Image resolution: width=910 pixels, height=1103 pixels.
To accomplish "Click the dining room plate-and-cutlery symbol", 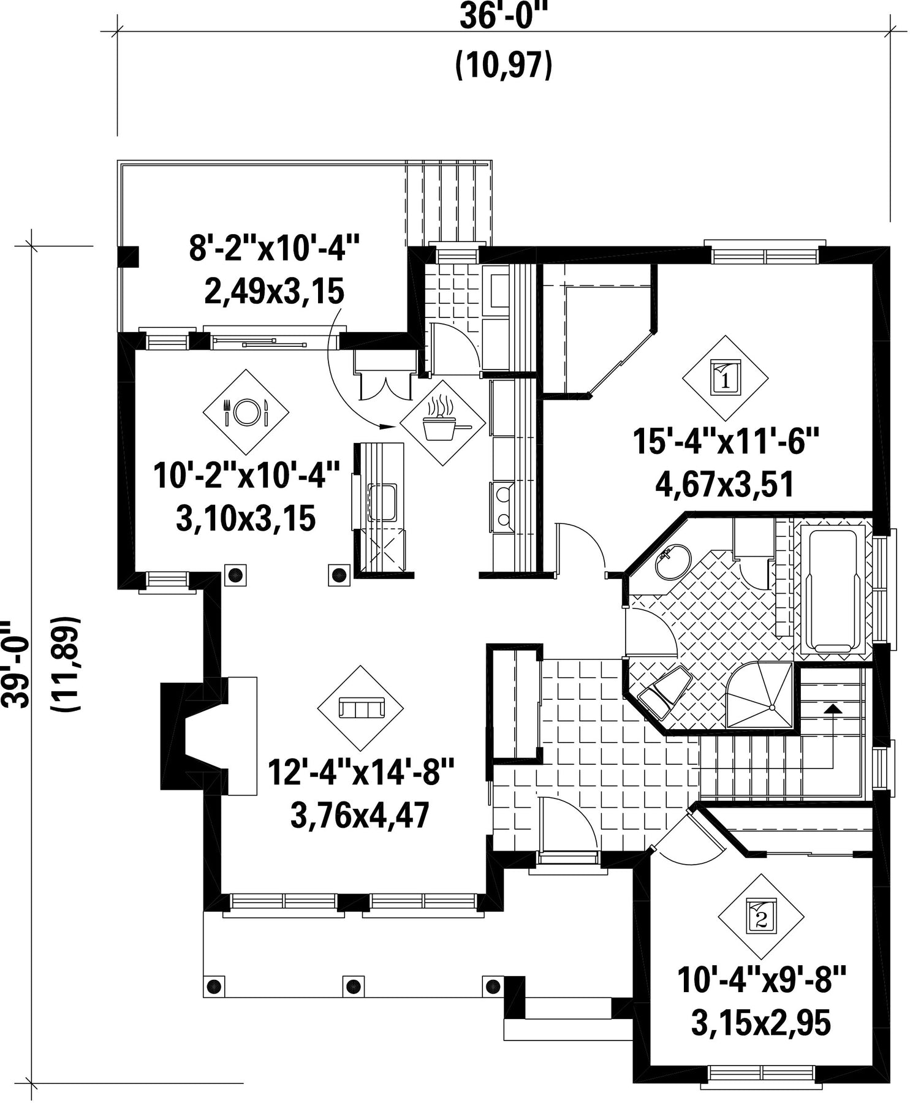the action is pos(246,412).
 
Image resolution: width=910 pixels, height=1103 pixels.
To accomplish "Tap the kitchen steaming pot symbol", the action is pos(442,423).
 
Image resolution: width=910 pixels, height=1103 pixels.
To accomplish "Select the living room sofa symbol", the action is pos(360,708).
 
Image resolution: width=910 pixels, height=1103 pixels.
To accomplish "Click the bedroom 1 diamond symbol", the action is pos(726,378).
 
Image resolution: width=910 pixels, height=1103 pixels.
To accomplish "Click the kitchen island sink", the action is pos(382,502).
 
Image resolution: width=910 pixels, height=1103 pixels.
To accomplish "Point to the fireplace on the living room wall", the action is pos(209,735).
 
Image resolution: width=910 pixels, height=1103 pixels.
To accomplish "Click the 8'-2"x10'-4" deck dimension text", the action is pos(273,251).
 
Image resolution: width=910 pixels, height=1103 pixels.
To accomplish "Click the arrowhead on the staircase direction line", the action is pos(832,709).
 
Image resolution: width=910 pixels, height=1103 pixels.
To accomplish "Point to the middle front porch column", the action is pos(352,986).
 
